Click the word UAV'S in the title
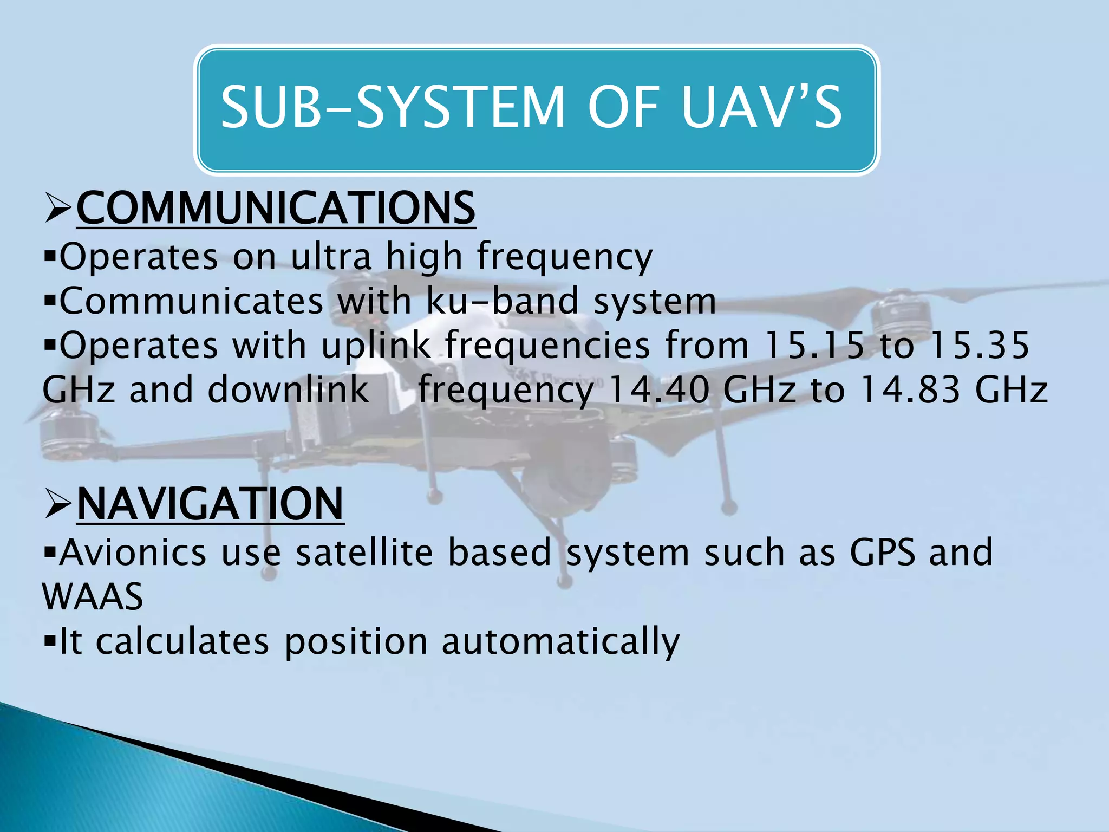(761, 108)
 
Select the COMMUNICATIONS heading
(276, 209)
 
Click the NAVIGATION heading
(210, 504)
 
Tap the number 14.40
(658, 389)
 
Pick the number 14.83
(910, 389)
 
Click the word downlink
(288, 389)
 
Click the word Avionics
(133, 552)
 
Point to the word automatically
(560, 642)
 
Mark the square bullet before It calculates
(50, 642)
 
